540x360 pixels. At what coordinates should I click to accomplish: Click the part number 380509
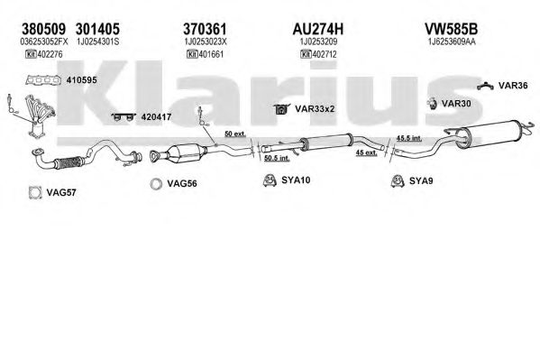click(x=43, y=29)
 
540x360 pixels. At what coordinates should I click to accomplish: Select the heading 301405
click(x=97, y=29)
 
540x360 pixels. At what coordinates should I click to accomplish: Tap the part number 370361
click(x=205, y=29)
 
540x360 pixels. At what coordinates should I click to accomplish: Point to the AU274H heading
click(x=318, y=29)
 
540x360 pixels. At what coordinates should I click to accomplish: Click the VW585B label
click(x=451, y=29)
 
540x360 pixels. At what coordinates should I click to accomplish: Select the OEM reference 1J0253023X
click(x=206, y=42)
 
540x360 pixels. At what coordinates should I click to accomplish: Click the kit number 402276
click(x=50, y=54)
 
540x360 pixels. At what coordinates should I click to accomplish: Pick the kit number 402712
click(x=325, y=54)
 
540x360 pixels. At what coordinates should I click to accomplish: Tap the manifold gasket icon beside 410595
click(x=43, y=80)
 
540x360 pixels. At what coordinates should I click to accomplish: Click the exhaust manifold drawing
click(x=40, y=114)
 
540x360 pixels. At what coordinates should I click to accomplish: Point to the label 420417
click(x=156, y=117)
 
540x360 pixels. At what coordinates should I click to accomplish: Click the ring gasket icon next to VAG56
click(x=156, y=184)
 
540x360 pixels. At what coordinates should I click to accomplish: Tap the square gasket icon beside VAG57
click(x=35, y=193)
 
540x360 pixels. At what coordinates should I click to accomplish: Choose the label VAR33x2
click(x=315, y=109)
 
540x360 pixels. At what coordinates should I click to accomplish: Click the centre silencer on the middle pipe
click(x=326, y=142)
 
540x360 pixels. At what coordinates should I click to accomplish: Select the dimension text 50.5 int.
click(x=277, y=159)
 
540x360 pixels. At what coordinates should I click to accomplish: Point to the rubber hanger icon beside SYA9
click(x=398, y=180)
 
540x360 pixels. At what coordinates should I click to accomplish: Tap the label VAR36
click(x=513, y=86)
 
